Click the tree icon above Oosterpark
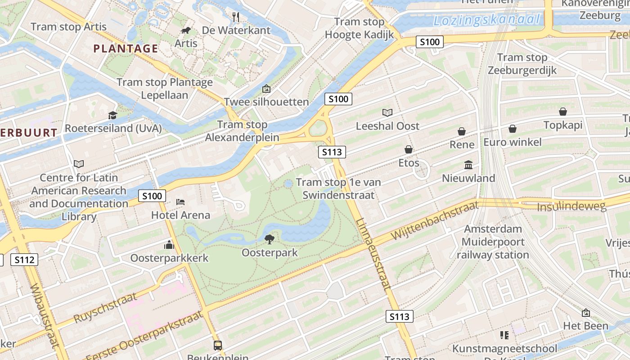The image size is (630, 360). (270, 239)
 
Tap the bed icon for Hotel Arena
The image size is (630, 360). (180, 202)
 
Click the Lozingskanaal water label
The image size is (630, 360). (486, 20)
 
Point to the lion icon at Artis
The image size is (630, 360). (185, 30)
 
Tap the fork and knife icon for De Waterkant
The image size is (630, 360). (236, 17)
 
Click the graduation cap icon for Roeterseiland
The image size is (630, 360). (112, 115)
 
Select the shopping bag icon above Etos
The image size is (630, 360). (409, 149)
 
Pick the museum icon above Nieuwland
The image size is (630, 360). (468, 165)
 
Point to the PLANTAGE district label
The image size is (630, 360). (126, 49)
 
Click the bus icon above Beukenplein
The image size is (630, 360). (218, 345)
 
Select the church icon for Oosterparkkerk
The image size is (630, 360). (169, 245)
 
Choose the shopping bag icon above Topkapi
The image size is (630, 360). (563, 112)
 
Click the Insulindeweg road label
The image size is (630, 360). (571, 207)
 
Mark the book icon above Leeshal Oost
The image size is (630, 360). (387, 112)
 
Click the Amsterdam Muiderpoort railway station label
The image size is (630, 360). (493, 242)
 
